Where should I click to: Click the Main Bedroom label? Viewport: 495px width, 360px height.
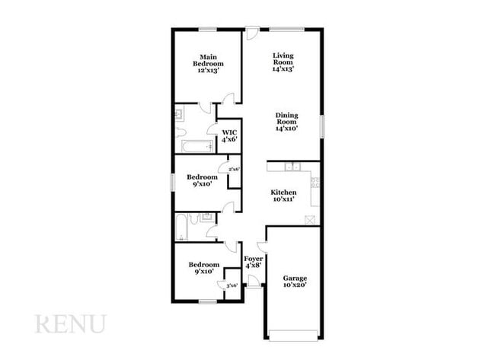[208, 63]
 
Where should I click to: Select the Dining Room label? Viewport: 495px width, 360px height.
[286, 122]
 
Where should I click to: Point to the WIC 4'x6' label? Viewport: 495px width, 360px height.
[229, 135]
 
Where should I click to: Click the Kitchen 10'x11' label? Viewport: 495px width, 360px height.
[284, 196]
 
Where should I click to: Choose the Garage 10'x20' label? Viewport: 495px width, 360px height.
[295, 282]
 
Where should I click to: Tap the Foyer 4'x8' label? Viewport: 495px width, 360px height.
[253, 262]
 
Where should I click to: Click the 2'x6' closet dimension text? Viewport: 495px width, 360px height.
[234, 169]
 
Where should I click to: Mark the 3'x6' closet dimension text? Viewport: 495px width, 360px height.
[232, 285]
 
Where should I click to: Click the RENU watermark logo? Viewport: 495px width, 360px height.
[70, 323]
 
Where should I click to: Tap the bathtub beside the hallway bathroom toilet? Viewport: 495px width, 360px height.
[181, 225]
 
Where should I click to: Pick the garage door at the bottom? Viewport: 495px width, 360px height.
[293, 335]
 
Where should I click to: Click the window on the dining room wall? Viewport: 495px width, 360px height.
[321, 126]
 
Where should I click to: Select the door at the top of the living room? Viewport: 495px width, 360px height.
[252, 33]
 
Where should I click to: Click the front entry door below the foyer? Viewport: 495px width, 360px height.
[254, 281]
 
